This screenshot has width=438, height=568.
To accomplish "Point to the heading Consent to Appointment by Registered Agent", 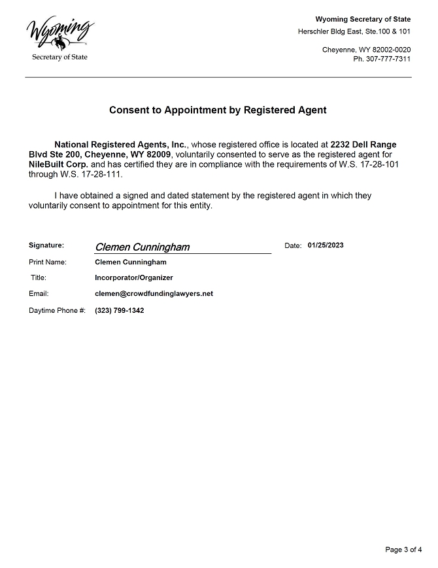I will [x=218, y=110].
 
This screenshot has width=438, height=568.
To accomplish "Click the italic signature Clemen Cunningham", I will [x=143, y=247].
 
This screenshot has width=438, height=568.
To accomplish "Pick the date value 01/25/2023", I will [x=325, y=245].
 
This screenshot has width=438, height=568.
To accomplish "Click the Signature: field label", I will [x=46, y=245].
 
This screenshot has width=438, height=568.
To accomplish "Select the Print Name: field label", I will [x=48, y=262].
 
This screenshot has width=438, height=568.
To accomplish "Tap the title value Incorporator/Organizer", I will [x=134, y=277].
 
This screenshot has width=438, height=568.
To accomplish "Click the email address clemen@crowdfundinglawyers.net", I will [x=154, y=294].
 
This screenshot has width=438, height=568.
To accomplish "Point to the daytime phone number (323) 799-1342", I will [x=120, y=310].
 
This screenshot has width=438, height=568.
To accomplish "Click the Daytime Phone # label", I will [x=57, y=310].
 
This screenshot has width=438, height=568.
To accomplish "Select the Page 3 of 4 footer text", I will [x=403, y=549].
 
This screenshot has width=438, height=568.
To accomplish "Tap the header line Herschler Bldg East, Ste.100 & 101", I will [x=354, y=31].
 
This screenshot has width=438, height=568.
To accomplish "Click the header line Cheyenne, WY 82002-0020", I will [x=366, y=50].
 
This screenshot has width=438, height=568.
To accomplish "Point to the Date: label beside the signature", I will [x=293, y=245].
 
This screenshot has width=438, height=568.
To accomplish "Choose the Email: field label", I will [x=39, y=294].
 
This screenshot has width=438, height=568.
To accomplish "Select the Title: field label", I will [x=38, y=277].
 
